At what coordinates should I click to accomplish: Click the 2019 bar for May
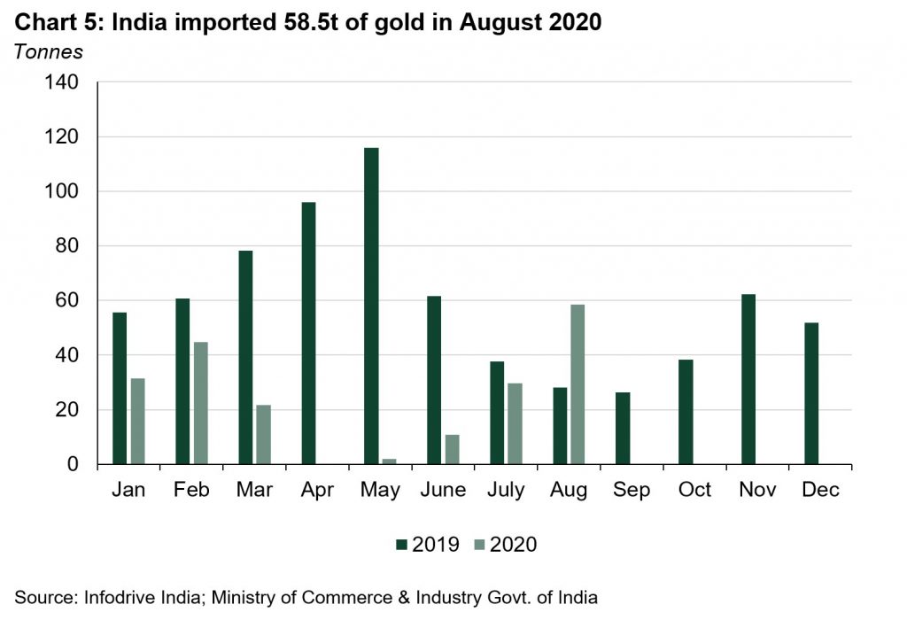click(x=371, y=306)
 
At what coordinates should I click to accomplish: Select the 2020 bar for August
click(x=578, y=384)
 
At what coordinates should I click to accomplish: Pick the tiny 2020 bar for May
click(x=389, y=461)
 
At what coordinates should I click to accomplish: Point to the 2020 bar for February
click(x=200, y=403)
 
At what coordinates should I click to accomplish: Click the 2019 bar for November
click(x=748, y=379)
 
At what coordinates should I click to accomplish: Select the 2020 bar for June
click(x=452, y=449)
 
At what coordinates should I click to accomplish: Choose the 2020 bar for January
click(x=137, y=421)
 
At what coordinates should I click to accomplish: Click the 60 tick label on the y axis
click(x=66, y=301)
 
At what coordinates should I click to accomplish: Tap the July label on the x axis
click(x=506, y=490)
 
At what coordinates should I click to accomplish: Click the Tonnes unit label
click(x=48, y=51)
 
